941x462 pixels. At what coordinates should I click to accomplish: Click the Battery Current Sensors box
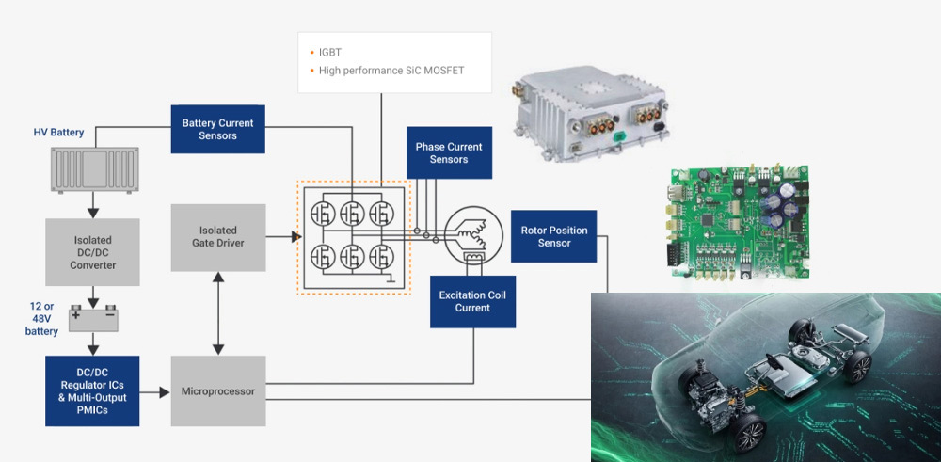click(x=217, y=130)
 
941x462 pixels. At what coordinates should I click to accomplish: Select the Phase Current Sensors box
click(x=449, y=152)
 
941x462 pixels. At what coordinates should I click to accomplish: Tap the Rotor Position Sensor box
click(x=554, y=236)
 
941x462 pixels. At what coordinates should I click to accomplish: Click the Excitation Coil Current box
click(x=472, y=301)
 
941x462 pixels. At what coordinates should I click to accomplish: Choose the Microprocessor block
click(x=218, y=390)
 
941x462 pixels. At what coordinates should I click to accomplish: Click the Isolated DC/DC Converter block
click(x=92, y=252)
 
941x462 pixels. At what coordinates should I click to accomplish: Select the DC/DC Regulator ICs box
click(x=92, y=390)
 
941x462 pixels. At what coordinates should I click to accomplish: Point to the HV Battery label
click(x=58, y=133)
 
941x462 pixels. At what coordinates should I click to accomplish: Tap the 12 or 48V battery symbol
click(x=92, y=319)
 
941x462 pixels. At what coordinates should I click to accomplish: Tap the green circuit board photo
click(x=741, y=224)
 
